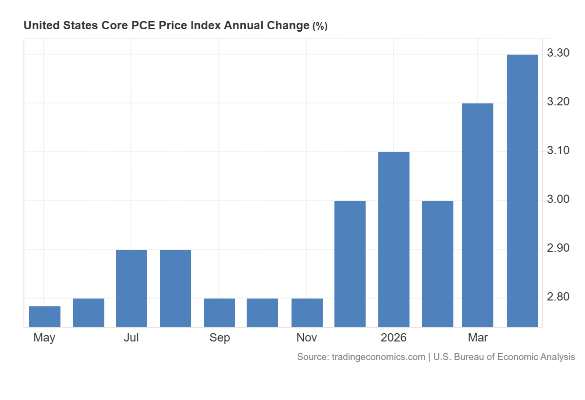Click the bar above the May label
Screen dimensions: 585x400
click(x=45, y=317)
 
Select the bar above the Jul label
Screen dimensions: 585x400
click(x=132, y=288)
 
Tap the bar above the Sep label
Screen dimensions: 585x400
click(x=219, y=313)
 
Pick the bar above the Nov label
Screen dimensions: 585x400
click(x=307, y=313)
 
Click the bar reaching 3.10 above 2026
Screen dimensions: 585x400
click(x=394, y=240)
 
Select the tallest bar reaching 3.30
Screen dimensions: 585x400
click(x=523, y=191)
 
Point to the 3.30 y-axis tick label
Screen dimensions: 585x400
click(x=558, y=53)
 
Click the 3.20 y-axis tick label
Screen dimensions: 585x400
click(x=558, y=101)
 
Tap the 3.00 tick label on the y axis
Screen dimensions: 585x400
click(x=558, y=200)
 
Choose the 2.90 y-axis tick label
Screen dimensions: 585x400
click(x=558, y=248)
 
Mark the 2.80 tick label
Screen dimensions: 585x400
click(x=558, y=297)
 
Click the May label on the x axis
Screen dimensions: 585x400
click(x=44, y=338)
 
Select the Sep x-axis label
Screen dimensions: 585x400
click(x=220, y=338)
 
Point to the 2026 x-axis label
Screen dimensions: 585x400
click(x=393, y=338)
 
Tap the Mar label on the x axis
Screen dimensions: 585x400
click(x=478, y=338)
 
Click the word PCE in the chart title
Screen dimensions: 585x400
click(x=143, y=25)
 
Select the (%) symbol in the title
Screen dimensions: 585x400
click(x=320, y=26)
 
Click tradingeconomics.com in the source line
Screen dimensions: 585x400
click(x=378, y=357)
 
